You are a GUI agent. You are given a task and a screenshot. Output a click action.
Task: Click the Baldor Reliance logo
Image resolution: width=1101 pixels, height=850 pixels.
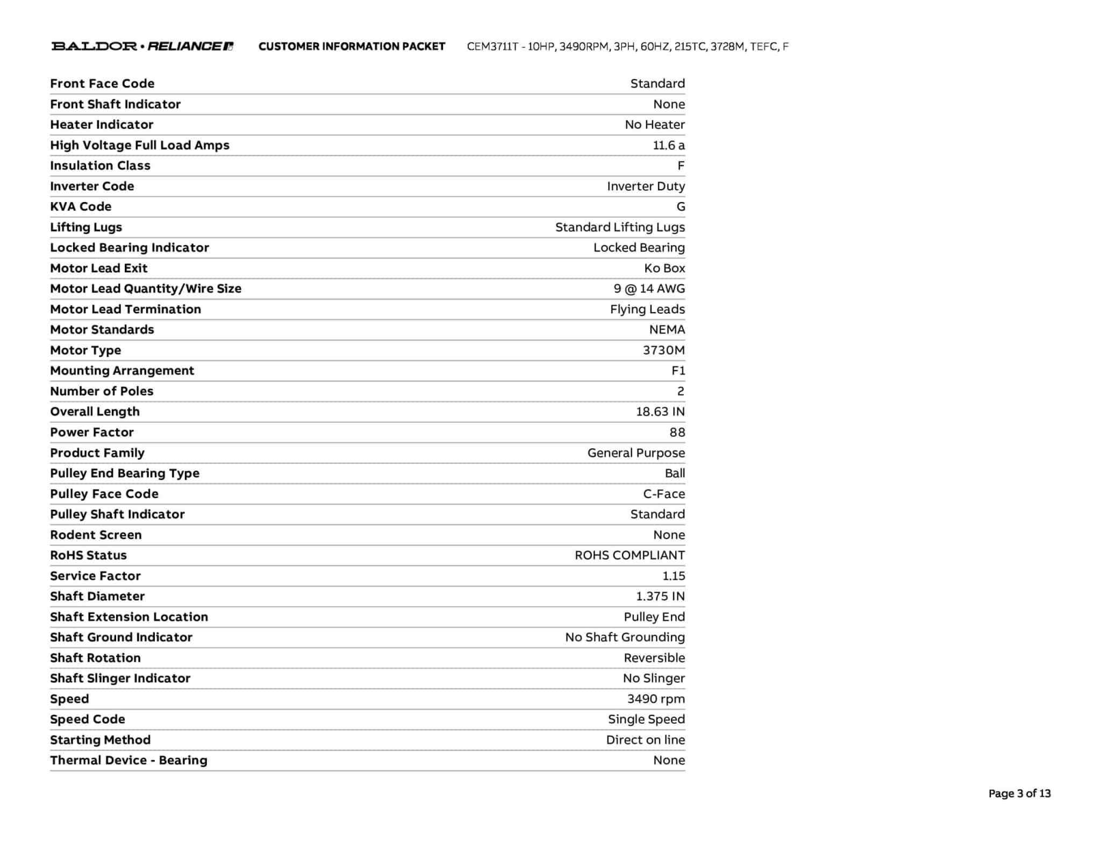point(142,46)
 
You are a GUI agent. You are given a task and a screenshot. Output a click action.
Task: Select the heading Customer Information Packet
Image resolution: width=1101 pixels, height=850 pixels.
point(352,46)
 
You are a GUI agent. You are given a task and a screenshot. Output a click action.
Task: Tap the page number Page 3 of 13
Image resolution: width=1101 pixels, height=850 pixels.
point(1019,794)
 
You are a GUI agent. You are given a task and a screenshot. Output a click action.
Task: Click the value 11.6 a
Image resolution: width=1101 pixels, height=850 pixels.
point(669,145)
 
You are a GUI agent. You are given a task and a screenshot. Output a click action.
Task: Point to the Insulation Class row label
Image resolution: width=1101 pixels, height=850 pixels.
point(100,165)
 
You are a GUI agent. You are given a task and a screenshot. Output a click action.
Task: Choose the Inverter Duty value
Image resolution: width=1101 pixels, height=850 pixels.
point(646,186)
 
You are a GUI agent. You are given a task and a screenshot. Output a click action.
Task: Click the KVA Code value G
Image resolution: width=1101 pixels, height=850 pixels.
point(681,206)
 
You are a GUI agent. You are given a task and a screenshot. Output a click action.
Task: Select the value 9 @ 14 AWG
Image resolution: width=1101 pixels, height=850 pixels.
point(649,289)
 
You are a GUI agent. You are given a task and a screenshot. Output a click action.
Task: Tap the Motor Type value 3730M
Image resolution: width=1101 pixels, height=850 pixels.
point(663,350)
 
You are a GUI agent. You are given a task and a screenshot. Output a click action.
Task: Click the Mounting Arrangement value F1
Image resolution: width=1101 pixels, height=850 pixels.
point(678,371)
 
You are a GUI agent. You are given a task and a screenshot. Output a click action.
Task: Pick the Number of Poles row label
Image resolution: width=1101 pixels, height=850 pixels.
point(102,391)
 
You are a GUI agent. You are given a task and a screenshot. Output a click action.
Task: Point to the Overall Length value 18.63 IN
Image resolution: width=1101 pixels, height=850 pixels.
point(660,412)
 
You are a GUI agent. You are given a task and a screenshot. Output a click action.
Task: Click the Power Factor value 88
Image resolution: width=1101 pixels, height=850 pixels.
point(677,432)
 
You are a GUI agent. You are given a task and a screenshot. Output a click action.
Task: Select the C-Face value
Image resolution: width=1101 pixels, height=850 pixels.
point(664,494)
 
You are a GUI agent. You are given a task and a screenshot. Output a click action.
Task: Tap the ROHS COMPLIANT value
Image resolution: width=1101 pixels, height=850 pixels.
point(630,555)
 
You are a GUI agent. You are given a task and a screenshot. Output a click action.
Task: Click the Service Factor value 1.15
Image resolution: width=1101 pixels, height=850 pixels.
point(673,576)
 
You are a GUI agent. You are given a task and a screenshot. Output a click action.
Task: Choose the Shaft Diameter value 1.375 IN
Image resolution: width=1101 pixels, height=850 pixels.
point(660,596)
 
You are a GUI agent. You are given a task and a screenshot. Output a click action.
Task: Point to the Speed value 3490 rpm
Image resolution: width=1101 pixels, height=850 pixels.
point(656,699)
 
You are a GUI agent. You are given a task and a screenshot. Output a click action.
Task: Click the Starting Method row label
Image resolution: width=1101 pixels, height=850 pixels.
point(100,740)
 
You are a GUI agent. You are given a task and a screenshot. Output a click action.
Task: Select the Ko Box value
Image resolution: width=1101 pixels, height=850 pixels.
point(664,268)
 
